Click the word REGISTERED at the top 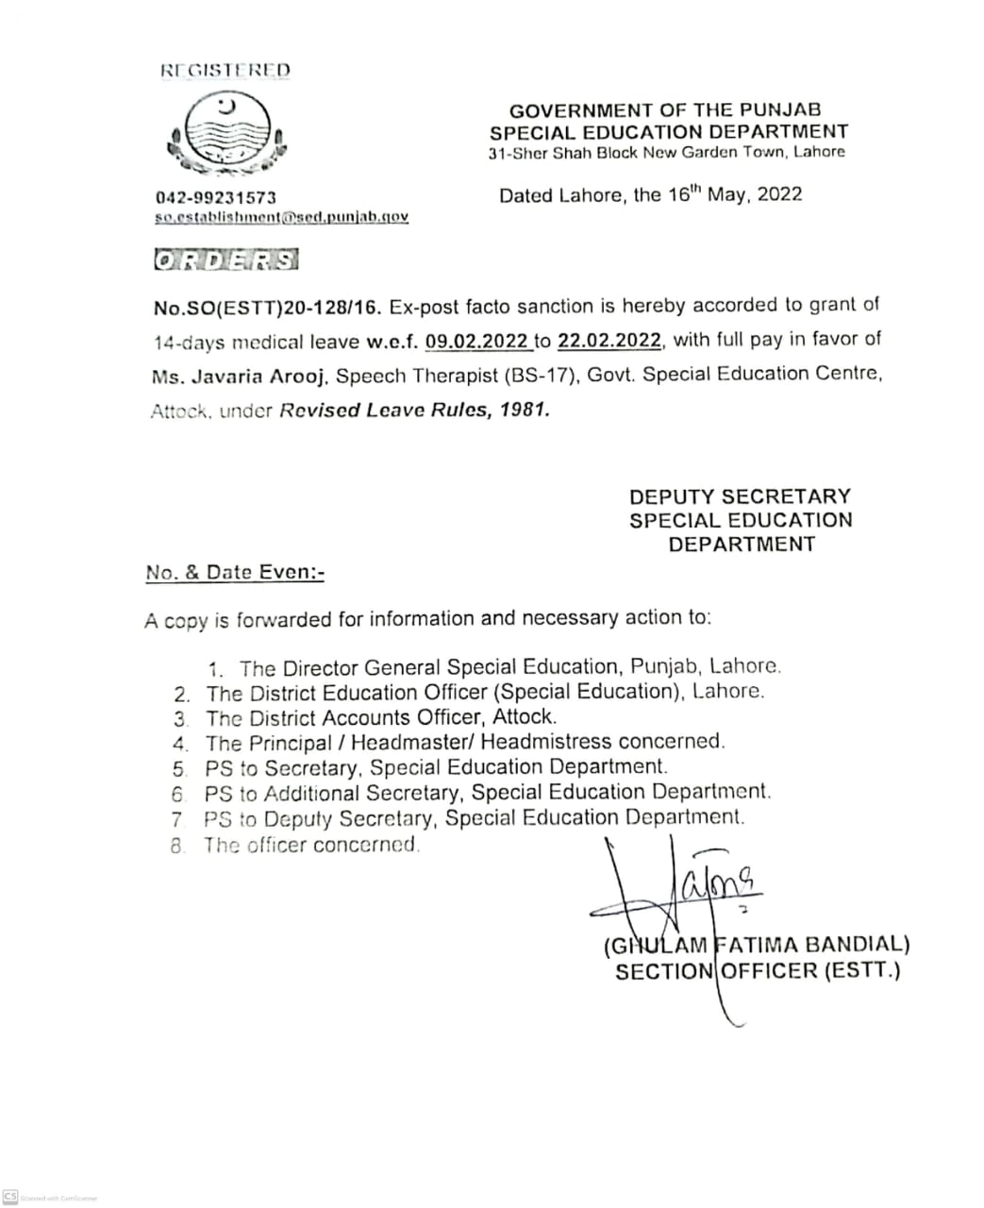pos(225,70)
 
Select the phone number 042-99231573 pos(216,197)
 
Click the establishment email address pos(281,217)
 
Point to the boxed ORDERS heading pos(225,260)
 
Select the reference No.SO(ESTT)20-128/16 pos(267,307)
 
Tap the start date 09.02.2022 pos(476,341)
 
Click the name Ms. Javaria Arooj pos(240,377)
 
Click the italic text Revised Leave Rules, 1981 pos(414,411)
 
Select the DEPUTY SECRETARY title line pos(740,496)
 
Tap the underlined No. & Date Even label pos(235,572)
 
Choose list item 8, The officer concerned pos(311,845)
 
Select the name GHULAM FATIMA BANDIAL pos(756,945)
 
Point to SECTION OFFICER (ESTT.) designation pos(758,971)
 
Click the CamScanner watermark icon pos(10,1196)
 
